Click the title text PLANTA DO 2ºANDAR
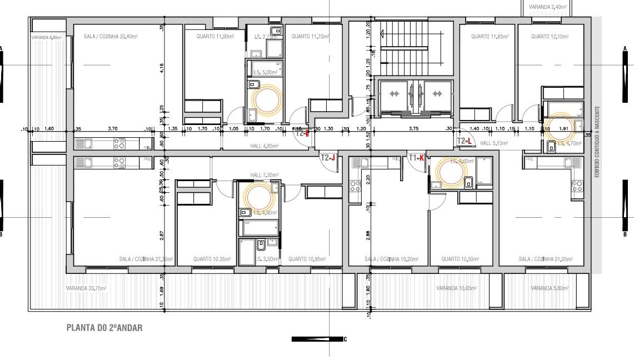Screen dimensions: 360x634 (104, 328)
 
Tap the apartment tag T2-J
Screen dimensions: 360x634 (328, 158)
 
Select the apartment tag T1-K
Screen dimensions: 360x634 (416, 158)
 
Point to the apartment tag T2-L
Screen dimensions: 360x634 (465, 141)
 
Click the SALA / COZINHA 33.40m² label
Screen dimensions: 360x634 (111, 37)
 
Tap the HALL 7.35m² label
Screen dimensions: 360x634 (263, 175)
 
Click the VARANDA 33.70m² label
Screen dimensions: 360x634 (86, 288)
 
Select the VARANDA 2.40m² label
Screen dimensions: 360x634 (548, 7)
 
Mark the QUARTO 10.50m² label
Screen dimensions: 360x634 (460, 259)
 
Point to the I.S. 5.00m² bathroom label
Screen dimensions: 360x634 (266, 72)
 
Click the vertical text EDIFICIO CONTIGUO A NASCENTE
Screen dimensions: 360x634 (597, 142)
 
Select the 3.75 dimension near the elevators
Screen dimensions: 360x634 (413, 128)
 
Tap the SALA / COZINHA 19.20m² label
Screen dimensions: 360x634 (384, 259)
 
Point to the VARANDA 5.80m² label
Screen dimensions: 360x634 (549, 288)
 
